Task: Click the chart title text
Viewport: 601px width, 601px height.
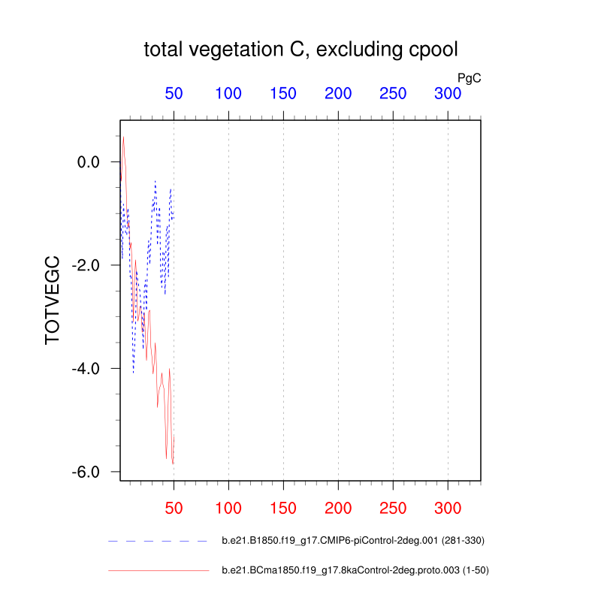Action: [x=300, y=50]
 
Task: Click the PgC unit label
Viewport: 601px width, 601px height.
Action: [x=469, y=77]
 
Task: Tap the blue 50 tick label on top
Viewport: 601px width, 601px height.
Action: [x=174, y=94]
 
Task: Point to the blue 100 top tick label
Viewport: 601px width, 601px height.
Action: [x=228, y=94]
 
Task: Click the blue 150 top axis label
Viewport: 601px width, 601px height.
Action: [x=283, y=94]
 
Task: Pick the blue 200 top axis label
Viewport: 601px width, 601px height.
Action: [x=338, y=94]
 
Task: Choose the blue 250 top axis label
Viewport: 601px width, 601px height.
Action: [x=393, y=94]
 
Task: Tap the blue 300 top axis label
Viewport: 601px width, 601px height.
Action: [x=448, y=94]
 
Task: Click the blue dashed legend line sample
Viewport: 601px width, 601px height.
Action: [x=158, y=541]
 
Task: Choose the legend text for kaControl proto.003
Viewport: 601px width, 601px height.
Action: [x=355, y=571]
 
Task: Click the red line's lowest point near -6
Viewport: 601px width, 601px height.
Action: [x=173, y=464]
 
